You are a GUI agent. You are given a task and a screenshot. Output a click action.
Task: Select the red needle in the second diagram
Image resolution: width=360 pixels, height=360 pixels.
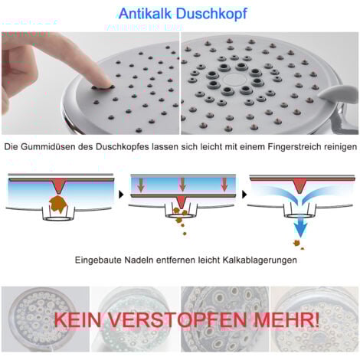pos(182,203)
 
